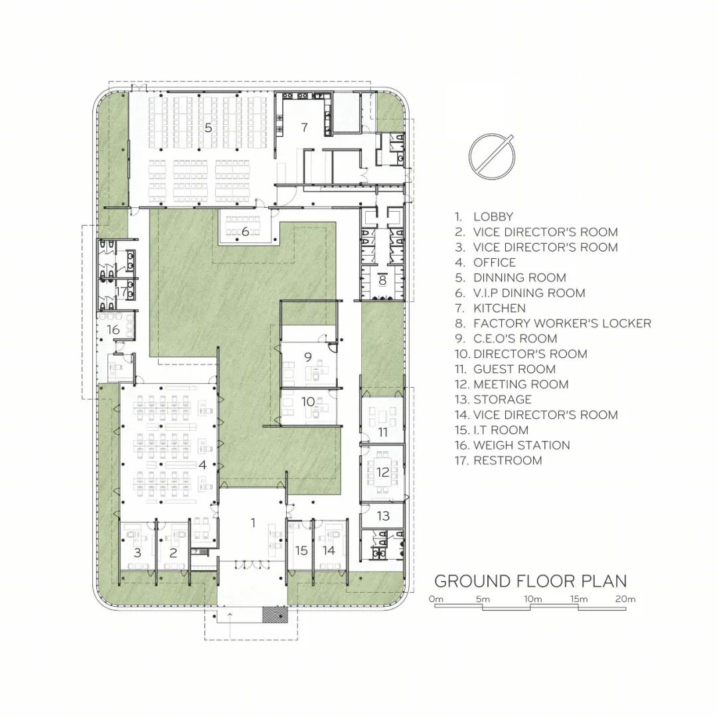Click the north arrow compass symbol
pyautogui.click(x=491, y=157)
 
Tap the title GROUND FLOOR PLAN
pyautogui.click(x=530, y=581)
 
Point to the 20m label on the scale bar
pyautogui.click(x=625, y=599)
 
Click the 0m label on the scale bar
pyautogui.click(x=436, y=599)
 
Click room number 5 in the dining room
pyautogui.click(x=208, y=127)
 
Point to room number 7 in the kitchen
pyautogui.click(x=305, y=127)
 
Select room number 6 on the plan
pyautogui.click(x=245, y=232)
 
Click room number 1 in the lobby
pyautogui.click(x=254, y=522)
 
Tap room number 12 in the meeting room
pyautogui.click(x=383, y=471)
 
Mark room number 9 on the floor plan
pyautogui.click(x=308, y=357)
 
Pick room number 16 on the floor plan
pyautogui.click(x=113, y=329)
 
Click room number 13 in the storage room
pyautogui.click(x=383, y=516)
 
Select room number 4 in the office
pyautogui.click(x=202, y=465)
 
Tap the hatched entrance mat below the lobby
pyautogui.click(x=274, y=613)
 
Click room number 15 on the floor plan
pyautogui.click(x=301, y=550)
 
